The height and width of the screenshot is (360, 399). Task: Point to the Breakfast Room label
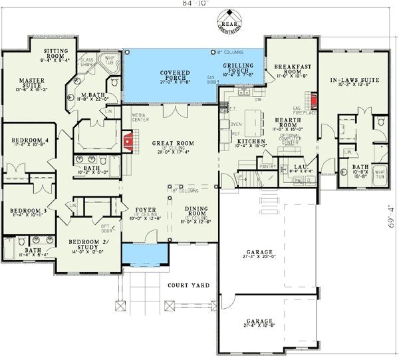click(288, 70)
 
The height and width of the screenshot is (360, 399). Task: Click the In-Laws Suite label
click(354, 80)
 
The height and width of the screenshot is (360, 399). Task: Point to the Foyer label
click(145, 210)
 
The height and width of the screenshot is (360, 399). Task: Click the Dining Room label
click(199, 210)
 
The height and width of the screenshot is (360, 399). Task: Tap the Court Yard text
click(188, 285)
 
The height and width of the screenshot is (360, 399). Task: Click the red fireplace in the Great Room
click(128, 141)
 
